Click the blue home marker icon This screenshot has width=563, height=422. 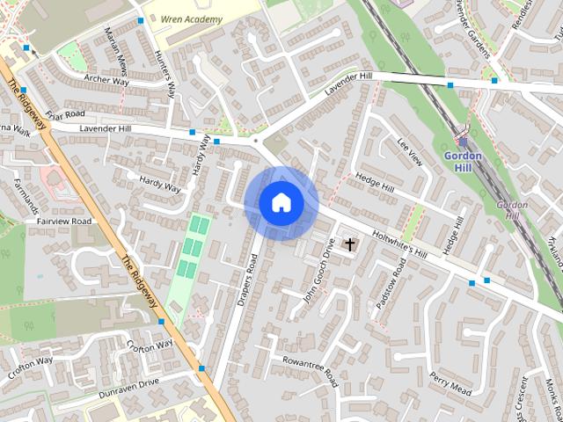click(281, 203)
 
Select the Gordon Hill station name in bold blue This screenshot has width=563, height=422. click(463, 161)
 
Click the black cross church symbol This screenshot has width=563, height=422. click(349, 244)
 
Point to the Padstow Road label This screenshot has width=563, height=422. click(386, 280)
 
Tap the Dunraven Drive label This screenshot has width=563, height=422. click(129, 383)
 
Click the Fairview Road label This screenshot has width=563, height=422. click(65, 222)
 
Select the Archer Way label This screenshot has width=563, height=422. click(107, 80)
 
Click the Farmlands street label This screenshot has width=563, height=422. click(27, 195)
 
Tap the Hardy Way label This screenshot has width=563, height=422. click(159, 182)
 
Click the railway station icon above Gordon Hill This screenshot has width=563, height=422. click(463, 141)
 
